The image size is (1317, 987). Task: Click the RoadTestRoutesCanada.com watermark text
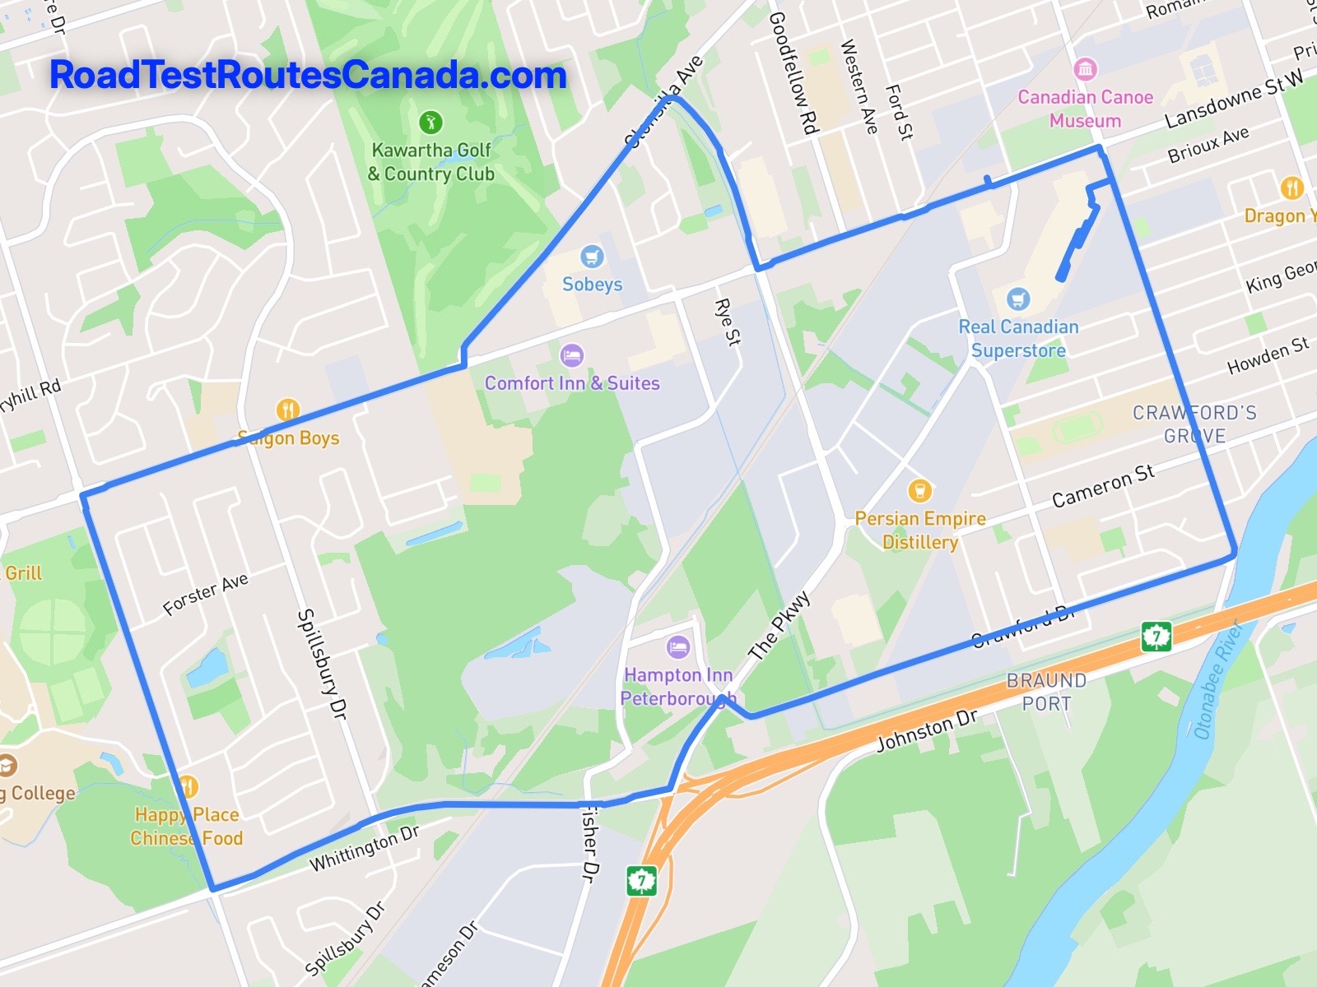point(308,75)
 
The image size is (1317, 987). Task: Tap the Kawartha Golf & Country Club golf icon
point(430,123)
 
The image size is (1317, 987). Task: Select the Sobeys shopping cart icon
point(591,257)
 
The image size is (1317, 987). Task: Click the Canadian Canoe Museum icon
point(1085,69)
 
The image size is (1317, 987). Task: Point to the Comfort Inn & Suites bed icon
point(571,356)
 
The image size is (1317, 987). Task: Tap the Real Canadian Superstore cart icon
point(1018,299)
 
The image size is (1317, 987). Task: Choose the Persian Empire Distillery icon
point(919,491)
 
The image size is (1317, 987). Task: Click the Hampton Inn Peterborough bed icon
point(678,647)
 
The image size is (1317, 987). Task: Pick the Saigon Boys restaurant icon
point(287,410)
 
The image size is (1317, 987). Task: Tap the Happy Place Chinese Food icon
point(188,787)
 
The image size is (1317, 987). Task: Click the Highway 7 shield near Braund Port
point(1156,636)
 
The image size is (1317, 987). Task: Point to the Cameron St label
point(1103,485)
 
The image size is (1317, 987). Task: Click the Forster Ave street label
point(205,594)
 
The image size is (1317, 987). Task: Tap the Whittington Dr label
point(364,849)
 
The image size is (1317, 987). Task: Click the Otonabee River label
point(1217,681)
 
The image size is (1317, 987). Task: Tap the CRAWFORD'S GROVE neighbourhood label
point(1194,424)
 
